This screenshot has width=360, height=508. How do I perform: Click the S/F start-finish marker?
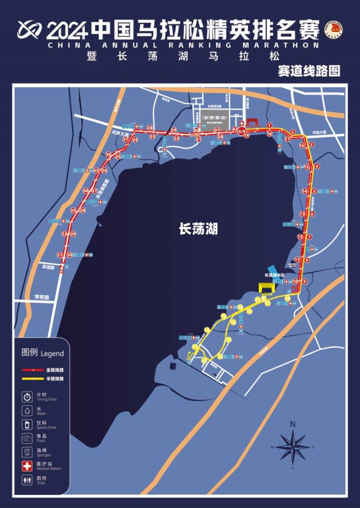click(x=242, y=131)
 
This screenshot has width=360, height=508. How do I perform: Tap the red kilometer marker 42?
click(x=235, y=129)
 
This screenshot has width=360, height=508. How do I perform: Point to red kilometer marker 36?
click(x=108, y=155)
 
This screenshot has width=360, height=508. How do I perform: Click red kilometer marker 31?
click(x=59, y=254)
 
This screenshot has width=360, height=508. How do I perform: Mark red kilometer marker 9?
click(x=305, y=281)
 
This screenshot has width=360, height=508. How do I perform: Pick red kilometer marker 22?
click(x=176, y=138)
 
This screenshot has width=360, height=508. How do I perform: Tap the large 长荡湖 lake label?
click(x=198, y=229)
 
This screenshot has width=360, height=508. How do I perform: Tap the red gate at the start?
click(x=252, y=122)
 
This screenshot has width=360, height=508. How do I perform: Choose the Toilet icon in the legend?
click(x=27, y=479)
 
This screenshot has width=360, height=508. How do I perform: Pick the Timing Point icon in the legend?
click(x=27, y=397)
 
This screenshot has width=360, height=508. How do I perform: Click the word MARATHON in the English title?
click(x=283, y=45)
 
